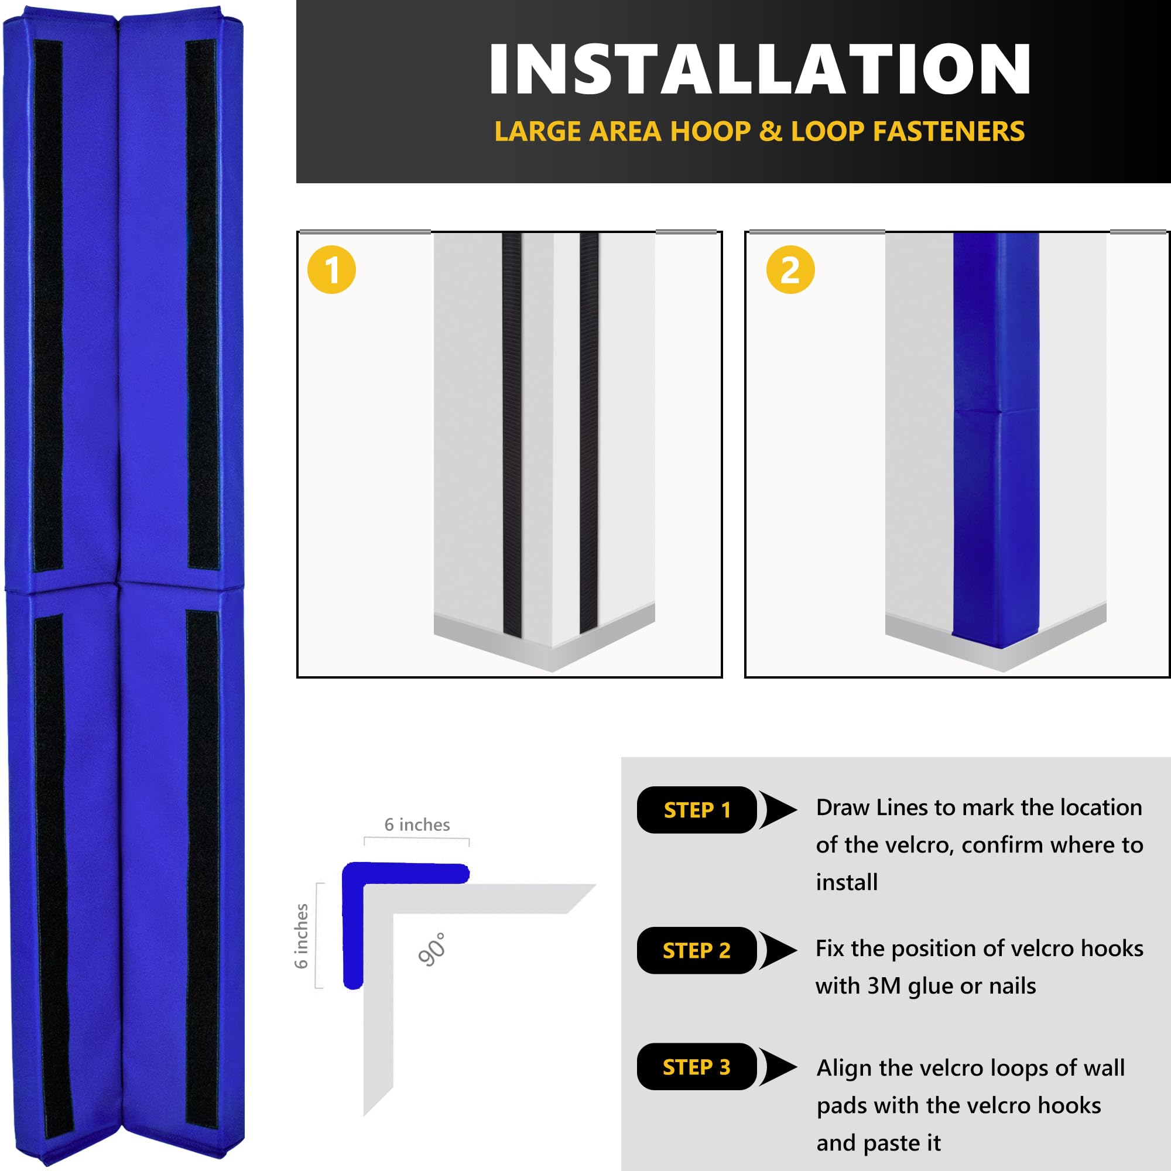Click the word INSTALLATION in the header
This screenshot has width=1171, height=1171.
(759, 69)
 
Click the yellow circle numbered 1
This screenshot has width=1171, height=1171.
(331, 270)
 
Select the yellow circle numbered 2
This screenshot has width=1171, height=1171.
(790, 270)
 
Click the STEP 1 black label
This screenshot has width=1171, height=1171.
(696, 810)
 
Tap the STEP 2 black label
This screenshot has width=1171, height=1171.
(696, 950)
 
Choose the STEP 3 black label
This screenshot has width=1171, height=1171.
(696, 1067)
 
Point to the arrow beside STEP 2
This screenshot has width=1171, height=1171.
(779, 950)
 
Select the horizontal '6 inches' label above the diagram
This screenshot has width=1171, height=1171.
(417, 825)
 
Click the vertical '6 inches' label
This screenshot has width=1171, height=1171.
(301, 936)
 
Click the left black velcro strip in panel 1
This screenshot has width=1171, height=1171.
(512, 433)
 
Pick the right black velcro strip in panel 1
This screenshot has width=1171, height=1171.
(588, 433)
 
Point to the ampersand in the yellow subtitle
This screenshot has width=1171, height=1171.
(771, 132)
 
